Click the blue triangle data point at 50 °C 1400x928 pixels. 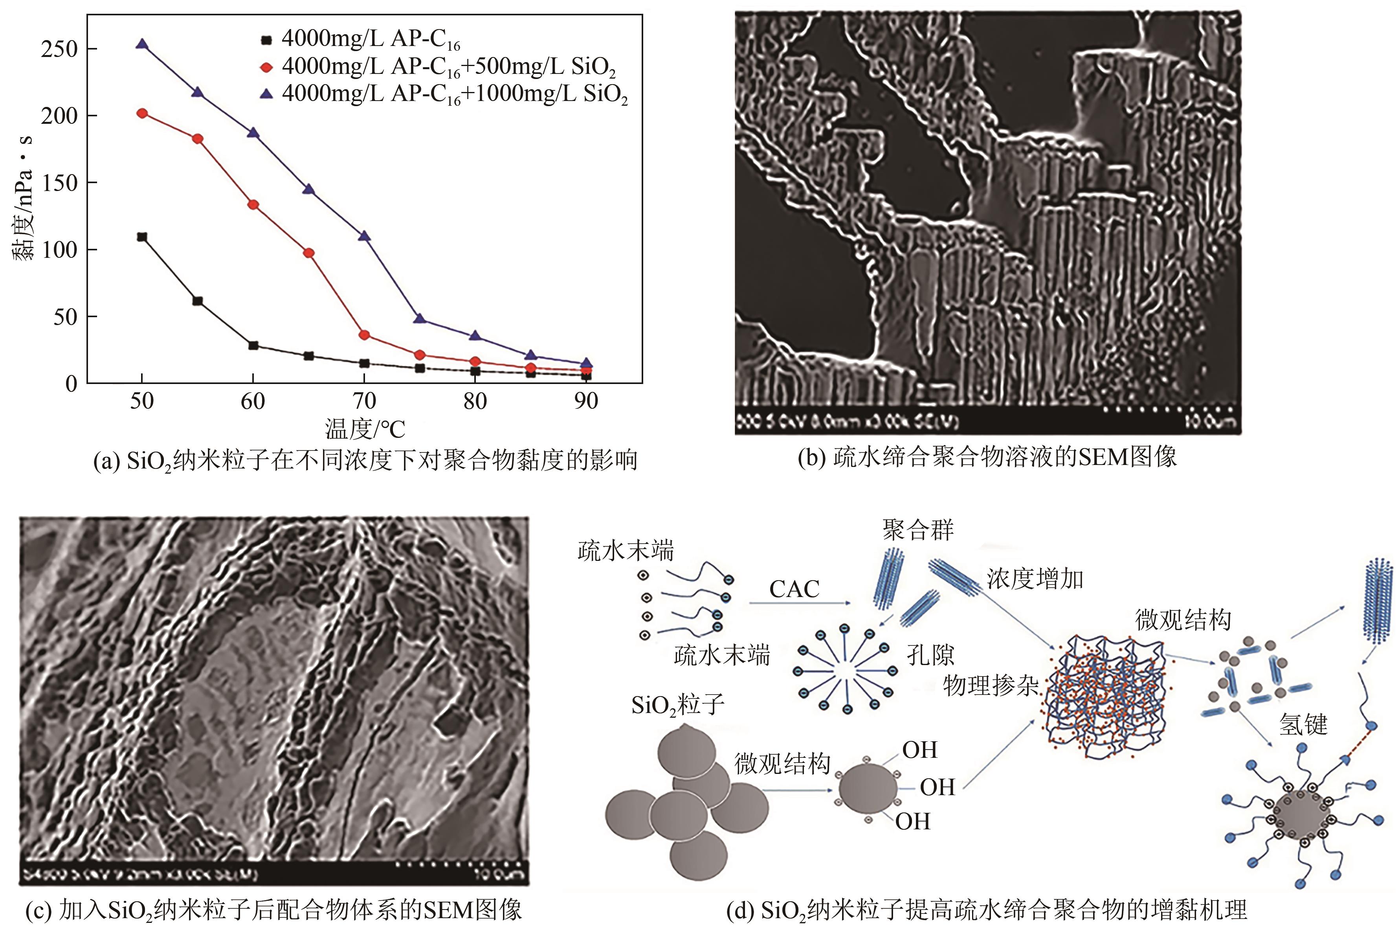(142, 44)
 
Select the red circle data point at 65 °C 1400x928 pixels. (309, 253)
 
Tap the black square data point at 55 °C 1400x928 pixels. (198, 301)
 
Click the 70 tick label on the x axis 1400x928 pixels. (364, 402)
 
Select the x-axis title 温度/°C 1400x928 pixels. (365, 428)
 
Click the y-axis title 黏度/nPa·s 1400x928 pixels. (24, 198)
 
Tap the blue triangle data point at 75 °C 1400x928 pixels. (420, 318)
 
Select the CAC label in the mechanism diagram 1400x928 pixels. (794, 589)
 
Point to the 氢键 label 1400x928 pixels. (1304, 724)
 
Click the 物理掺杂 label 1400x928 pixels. (991, 685)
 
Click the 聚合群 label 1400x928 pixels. (918, 530)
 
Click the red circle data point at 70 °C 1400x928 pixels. (364, 335)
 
